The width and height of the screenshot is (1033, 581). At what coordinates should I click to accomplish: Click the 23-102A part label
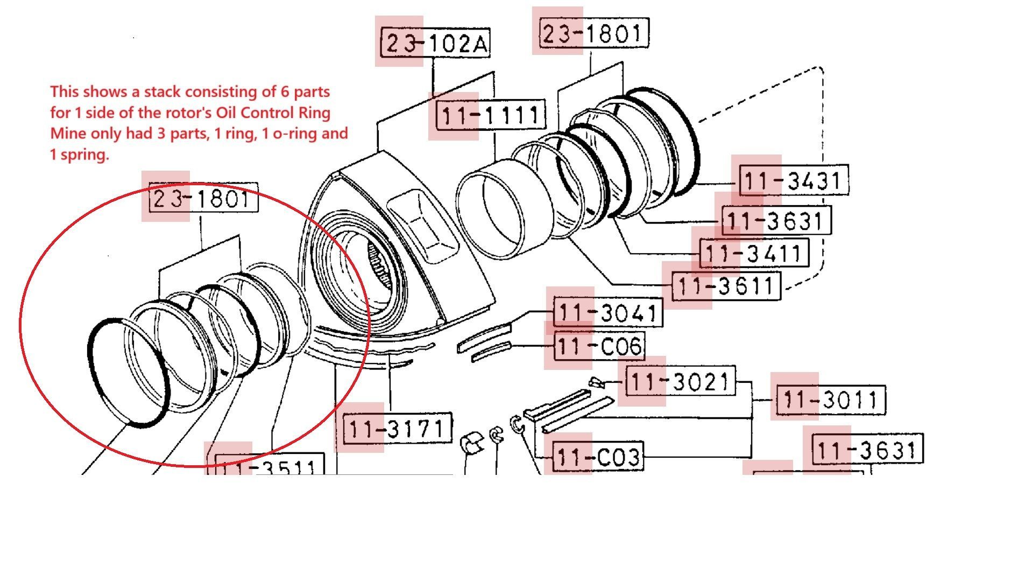click(435, 43)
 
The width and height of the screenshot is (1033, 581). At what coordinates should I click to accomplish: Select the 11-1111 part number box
click(490, 115)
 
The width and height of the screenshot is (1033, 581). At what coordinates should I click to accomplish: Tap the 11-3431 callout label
click(794, 180)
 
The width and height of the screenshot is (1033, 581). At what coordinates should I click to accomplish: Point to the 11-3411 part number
click(754, 253)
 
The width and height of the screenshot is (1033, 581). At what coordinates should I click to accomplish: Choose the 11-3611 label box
click(726, 286)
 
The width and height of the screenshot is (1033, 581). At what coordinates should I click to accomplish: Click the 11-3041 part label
click(608, 313)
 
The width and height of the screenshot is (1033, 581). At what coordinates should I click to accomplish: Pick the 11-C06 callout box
click(598, 346)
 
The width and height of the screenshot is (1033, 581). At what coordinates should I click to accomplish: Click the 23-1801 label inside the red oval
click(203, 199)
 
